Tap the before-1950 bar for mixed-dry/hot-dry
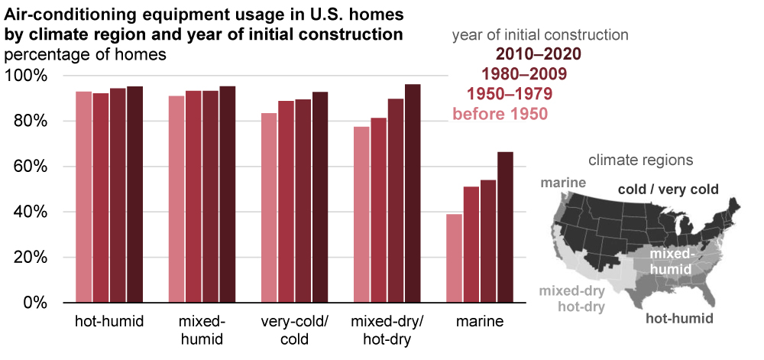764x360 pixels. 361,214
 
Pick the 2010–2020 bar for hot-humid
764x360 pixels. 134,194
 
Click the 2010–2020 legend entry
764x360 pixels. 539,54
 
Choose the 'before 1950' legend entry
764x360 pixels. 500,114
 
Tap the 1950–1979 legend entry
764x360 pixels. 510,94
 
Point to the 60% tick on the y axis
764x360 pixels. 28,167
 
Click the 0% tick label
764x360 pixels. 35,303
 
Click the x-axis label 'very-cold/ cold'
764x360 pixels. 294,329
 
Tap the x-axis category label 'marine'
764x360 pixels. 479,322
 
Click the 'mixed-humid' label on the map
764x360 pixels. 672,261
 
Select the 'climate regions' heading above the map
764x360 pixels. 640,161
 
